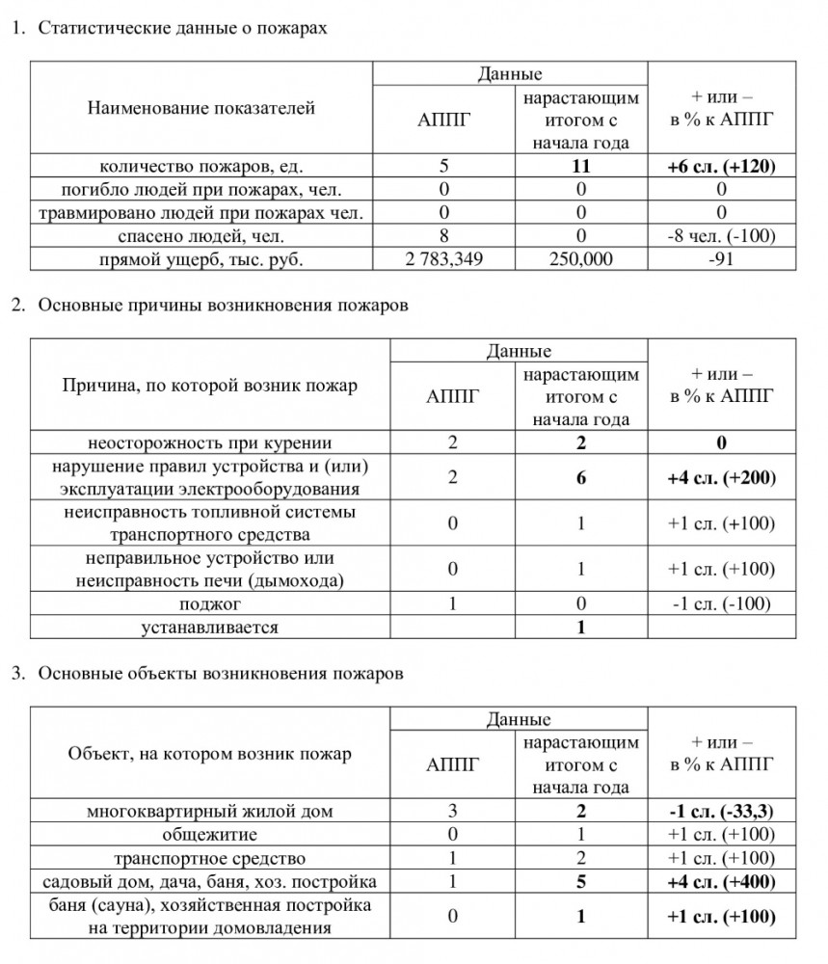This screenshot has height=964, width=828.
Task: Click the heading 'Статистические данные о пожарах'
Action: [183, 28]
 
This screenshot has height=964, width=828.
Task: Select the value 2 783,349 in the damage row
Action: [445, 260]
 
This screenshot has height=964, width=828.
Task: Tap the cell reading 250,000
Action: [580, 260]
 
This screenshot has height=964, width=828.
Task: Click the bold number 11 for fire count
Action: [580, 166]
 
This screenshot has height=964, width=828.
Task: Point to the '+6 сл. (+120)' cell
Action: [721, 166]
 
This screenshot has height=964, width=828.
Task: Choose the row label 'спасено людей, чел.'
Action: [201, 236]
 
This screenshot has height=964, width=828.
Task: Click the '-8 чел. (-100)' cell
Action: [721, 236]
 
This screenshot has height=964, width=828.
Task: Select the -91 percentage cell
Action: [721, 260]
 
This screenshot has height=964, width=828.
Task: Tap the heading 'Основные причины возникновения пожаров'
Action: [224, 306]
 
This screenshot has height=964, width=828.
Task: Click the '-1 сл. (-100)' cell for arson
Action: [721, 604]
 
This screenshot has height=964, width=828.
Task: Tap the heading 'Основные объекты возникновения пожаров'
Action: [221, 674]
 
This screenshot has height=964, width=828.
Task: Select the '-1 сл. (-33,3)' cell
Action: [721, 812]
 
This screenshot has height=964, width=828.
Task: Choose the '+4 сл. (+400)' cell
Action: [721, 882]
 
